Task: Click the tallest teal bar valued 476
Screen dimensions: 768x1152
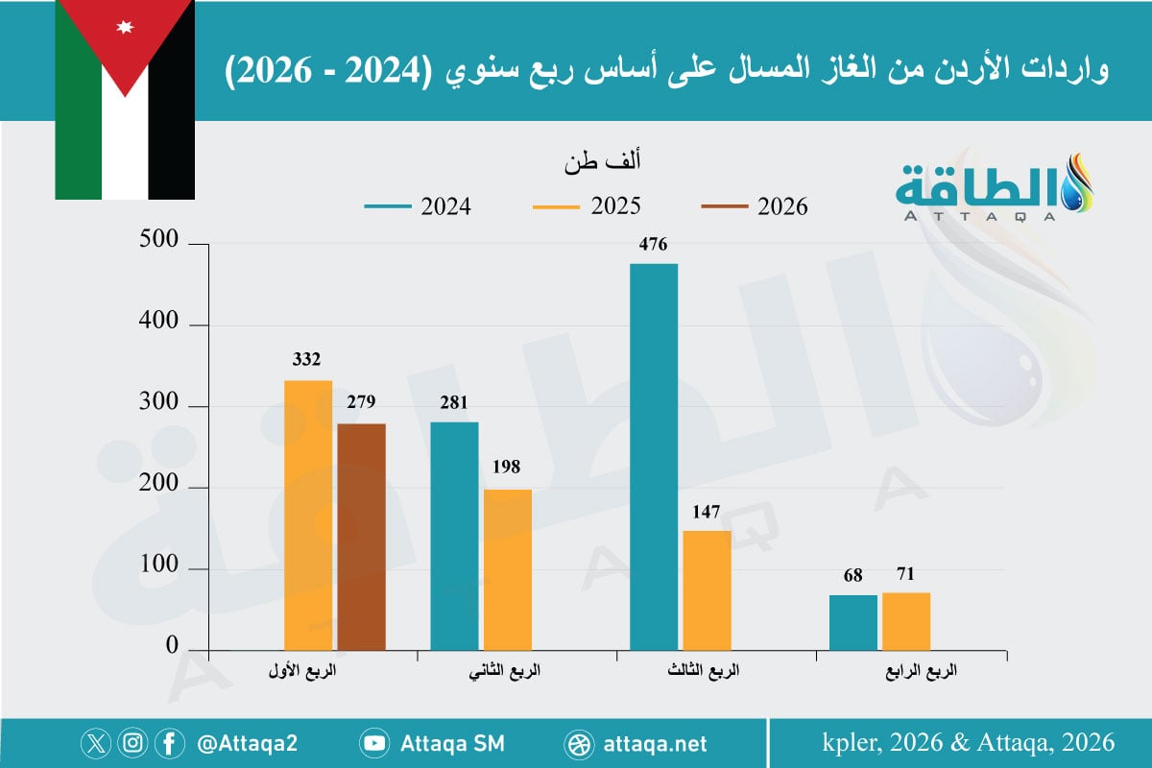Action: [654, 457]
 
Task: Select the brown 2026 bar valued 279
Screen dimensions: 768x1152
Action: [361, 537]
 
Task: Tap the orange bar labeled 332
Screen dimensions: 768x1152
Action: [308, 516]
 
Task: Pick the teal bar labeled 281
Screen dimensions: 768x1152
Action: [454, 536]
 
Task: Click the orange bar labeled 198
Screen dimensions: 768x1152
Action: [508, 569]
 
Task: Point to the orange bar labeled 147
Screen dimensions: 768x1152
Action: [707, 590]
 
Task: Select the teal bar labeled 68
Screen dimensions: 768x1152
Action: [853, 622]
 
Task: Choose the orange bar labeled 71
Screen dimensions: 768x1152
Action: [906, 621]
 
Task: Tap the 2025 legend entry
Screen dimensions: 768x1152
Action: [588, 206]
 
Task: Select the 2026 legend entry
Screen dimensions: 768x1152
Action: [755, 206]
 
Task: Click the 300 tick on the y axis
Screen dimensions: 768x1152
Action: [159, 405]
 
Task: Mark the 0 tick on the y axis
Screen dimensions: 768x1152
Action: [172, 648]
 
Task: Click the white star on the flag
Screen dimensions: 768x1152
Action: [125, 26]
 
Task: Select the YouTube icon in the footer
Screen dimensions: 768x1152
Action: [374, 743]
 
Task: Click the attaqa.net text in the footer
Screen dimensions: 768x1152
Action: [657, 743]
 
